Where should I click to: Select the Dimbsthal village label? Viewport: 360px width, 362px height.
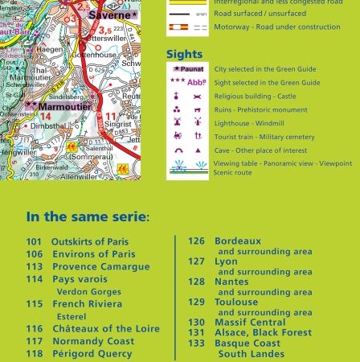(53, 125)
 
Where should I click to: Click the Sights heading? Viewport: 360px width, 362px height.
(184, 55)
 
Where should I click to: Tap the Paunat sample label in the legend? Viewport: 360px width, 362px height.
(189, 70)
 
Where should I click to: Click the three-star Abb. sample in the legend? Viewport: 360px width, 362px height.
(188, 81)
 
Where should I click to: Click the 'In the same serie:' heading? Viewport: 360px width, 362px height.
(88, 217)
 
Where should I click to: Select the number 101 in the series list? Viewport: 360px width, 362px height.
(34, 241)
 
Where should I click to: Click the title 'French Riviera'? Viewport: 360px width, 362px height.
(87, 304)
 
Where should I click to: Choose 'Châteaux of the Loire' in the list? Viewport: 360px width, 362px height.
(100, 329)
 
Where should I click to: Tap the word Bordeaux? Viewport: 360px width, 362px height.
(238, 241)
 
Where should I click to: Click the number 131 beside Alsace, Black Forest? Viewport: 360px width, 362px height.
(197, 332)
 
